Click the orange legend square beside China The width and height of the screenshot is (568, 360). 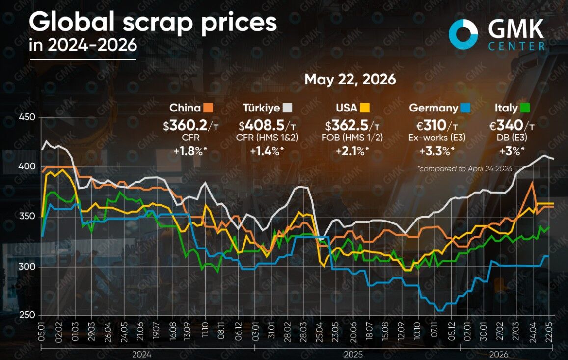(x=208, y=108)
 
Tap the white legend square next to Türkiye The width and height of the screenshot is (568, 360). (x=287, y=108)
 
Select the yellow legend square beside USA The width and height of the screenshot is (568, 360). (x=364, y=108)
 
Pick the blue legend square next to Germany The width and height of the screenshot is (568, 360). (x=465, y=108)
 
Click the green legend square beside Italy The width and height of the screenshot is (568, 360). (x=525, y=108)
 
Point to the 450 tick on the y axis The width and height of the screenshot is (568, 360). (x=27, y=117)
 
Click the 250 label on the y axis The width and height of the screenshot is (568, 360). (x=27, y=315)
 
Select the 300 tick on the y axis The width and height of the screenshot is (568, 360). (x=27, y=267)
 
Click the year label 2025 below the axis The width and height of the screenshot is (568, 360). (x=353, y=354)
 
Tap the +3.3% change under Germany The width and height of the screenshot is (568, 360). (x=437, y=151)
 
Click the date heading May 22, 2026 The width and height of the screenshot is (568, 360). (x=351, y=80)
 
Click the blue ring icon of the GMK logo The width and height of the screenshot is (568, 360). (x=463, y=34)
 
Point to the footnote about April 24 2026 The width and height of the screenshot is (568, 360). (x=465, y=168)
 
